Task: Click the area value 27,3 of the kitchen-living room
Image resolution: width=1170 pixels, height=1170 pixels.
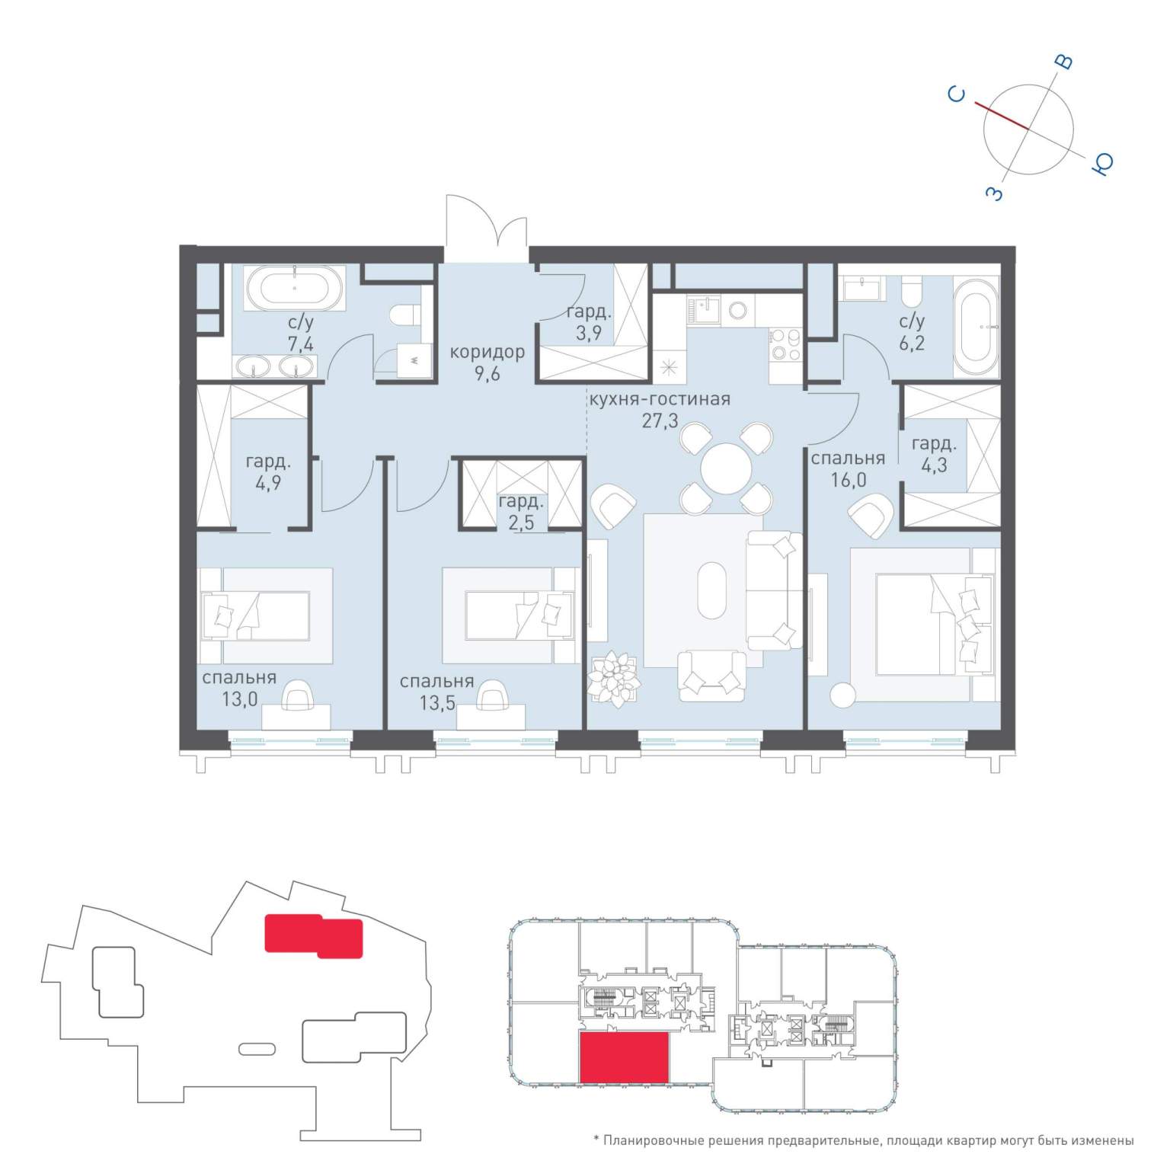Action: click(x=660, y=420)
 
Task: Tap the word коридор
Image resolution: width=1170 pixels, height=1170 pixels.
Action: click(x=487, y=352)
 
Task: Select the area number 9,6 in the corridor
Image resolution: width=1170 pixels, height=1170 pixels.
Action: click(x=487, y=374)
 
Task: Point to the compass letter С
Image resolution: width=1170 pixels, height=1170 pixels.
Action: click(x=957, y=94)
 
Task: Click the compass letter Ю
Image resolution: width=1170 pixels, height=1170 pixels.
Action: click(x=1102, y=163)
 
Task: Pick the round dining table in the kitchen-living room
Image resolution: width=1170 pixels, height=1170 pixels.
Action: click(x=726, y=469)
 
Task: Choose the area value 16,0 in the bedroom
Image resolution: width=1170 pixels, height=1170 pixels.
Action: click(x=849, y=480)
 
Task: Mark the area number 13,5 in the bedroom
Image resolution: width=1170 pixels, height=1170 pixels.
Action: click(x=437, y=702)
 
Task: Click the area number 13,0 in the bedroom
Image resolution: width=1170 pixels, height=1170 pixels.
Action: click(x=240, y=698)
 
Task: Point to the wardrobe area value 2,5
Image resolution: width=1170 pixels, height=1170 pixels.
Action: click(x=522, y=523)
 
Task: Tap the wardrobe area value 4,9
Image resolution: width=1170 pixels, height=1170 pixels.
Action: click(x=268, y=483)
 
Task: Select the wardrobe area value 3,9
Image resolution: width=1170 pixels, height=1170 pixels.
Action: click(x=589, y=333)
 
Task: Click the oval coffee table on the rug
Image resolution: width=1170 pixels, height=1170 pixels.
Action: click(x=712, y=590)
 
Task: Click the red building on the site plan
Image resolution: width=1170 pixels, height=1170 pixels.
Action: click(x=313, y=936)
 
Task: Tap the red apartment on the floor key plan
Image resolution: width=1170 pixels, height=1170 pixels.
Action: click(x=625, y=1057)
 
